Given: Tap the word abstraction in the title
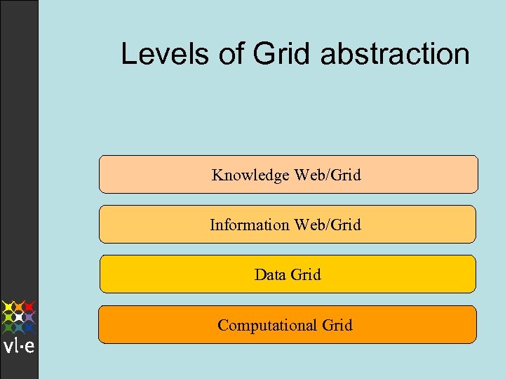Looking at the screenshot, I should [395, 53].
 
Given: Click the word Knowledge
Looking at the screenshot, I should [250, 175].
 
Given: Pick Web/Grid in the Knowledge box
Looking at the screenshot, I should [328, 175].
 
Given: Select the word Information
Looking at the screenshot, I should [249, 225].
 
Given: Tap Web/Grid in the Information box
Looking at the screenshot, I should [328, 225].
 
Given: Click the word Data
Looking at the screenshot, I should [270, 274].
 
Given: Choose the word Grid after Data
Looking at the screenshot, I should [306, 274].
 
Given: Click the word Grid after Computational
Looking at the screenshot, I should [337, 325].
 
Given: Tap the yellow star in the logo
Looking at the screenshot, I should [8, 307].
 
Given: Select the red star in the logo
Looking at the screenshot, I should [29, 307].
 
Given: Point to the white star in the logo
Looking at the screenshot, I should [19, 317].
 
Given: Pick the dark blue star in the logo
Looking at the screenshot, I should [29, 327].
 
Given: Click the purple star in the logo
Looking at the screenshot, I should [29, 317].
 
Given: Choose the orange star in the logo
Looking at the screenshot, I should [19, 307].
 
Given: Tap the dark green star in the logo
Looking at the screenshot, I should [8, 327].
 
